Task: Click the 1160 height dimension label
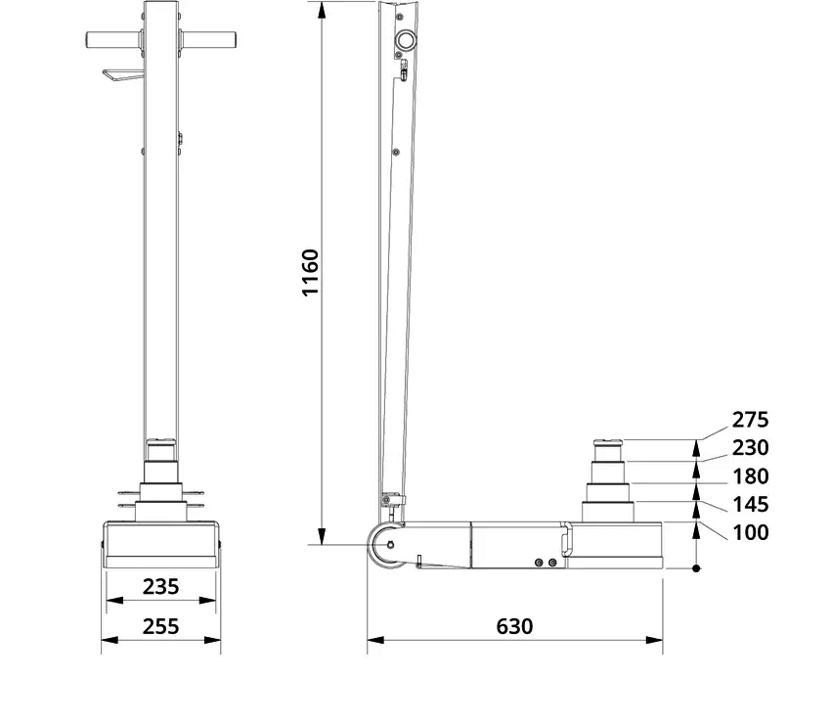(310, 273)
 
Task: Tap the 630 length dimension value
(514, 626)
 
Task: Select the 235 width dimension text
(160, 587)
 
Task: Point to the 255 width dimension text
(160, 626)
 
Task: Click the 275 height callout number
(750, 420)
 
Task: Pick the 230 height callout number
(750, 448)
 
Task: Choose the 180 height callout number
(750, 476)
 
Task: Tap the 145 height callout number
(750, 504)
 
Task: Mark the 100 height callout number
(750, 532)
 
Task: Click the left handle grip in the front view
(113, 40)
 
